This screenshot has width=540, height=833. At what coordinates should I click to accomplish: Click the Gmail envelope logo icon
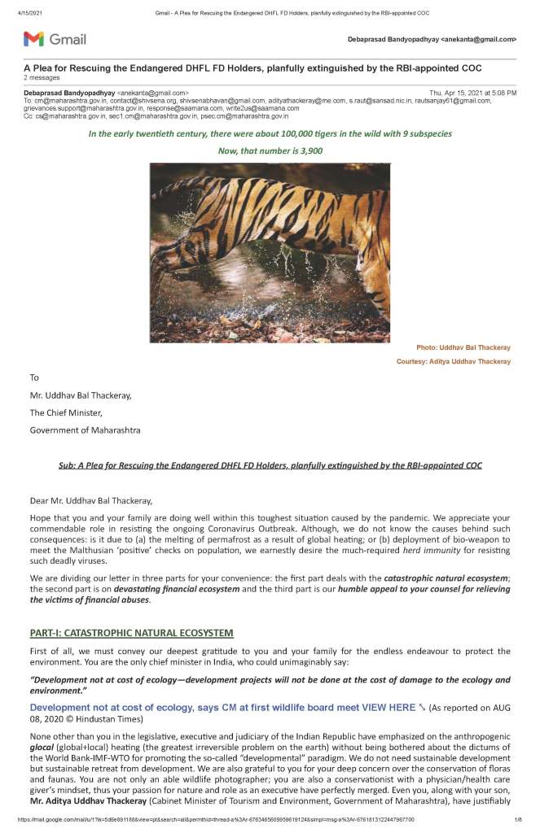click(x=33, y=38)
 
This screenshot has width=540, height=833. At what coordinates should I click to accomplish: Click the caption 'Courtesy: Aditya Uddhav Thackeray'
click(x=454, y=361)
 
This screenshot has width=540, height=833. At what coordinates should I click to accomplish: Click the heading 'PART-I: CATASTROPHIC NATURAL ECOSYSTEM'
click(x=131, y=632)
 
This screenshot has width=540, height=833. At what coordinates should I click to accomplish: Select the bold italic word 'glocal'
click(x=43, y=748)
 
